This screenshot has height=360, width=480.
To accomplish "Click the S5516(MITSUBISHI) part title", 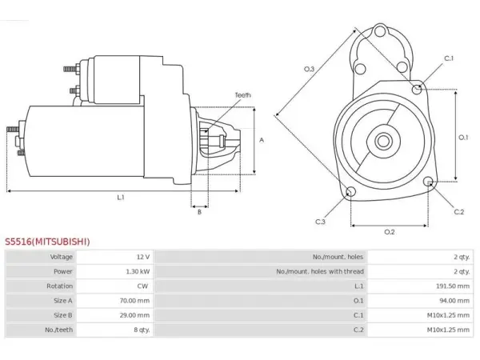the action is coord(47,242).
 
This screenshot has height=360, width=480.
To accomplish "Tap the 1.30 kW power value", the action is coord(138,271).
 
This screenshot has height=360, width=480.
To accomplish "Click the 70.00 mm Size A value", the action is coord(134,301).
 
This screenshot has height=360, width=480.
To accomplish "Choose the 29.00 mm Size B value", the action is coord(134,315).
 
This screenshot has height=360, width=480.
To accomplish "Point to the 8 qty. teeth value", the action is coord(142,330).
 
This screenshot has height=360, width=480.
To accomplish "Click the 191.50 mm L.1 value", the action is coord(453,286).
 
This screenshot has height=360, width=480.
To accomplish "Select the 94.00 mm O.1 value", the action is coord(454,301).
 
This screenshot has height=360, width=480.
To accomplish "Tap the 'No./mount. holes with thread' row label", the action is coord(320,271).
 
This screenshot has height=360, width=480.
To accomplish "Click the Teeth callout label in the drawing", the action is coord(242,95).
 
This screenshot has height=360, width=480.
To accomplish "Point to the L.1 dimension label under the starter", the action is coord(121,198).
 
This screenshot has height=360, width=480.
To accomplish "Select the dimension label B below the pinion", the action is coord(199,212).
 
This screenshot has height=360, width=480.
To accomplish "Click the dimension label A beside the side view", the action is coord(262,140).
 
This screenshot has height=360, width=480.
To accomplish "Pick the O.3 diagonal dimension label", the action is coord(309,69).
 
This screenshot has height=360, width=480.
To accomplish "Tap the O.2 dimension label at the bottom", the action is coord(390,232).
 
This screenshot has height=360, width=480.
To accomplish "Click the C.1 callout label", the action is coord(449,58).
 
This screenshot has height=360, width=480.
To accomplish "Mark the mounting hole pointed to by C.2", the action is coord(428,182).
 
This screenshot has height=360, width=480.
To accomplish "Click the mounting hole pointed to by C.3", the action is coord(350,192).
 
